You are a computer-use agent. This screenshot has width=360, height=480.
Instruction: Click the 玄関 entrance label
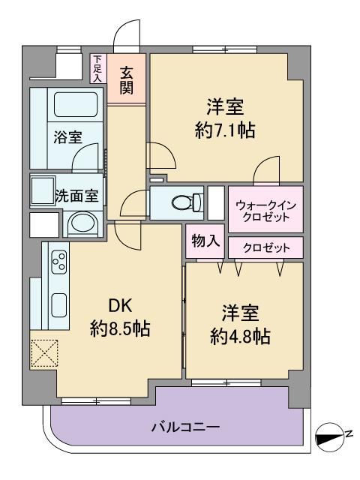(x=127, y=80)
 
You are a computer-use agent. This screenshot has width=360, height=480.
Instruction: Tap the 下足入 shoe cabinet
(x=97, y=68)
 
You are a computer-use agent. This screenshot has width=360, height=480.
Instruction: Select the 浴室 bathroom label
(x=68, y=136)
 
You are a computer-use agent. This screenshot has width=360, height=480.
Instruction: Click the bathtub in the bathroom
(x=76, y=104)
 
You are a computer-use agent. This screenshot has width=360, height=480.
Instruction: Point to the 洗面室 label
(x=76, y=196)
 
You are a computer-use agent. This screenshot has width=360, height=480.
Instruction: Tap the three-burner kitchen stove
(x=59, y=262)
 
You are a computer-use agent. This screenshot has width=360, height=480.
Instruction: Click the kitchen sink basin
(x=58, y=305)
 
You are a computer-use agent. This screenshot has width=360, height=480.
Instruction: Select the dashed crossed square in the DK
(x=44, y=353)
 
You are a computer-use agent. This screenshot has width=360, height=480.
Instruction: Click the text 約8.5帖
(x=120, y=328)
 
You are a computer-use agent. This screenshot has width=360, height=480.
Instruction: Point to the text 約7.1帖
(x=225, y=130)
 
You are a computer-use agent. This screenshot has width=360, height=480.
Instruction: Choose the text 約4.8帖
(x=240, y=336)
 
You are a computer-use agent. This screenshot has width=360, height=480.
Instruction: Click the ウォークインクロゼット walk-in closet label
(x=265, y=211)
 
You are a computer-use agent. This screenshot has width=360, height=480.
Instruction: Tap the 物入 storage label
(x=205, y=241)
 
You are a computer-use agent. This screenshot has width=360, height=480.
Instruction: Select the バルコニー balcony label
(x=185, y=427)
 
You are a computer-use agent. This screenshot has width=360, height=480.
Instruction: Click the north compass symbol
(x=330, y=437)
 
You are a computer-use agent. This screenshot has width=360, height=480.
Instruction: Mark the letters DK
(x=121, y=305)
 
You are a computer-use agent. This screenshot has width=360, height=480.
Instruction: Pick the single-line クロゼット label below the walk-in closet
(x=266, y=247)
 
